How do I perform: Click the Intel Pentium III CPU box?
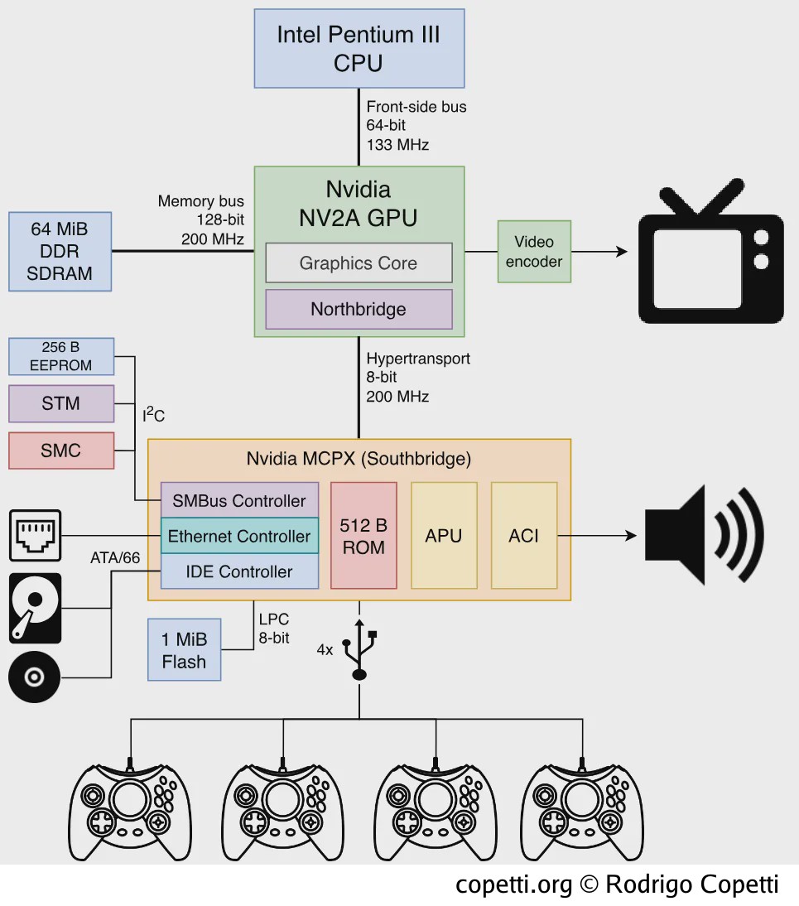[359, 49]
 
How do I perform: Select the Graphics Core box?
[359, 263]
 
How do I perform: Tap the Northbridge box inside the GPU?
[359, 309]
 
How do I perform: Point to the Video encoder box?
[534, 252]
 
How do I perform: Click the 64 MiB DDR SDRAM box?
[60, 252]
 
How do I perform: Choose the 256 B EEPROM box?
[61, 356]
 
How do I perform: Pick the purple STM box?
[61, 403]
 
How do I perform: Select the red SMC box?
[61, 451]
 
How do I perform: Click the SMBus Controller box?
[239, 500]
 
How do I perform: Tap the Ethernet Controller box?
[239, 536]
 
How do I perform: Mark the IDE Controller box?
[239, 571]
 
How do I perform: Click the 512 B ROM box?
[363, 536]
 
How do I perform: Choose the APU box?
[444, 536]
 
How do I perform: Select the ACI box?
[524, 536]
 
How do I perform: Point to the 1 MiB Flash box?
[185, 650]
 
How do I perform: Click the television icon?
[710, 252]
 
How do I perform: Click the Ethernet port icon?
[36, 536]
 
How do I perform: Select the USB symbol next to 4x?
[359, 649]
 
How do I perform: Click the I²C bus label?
[154, 414]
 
